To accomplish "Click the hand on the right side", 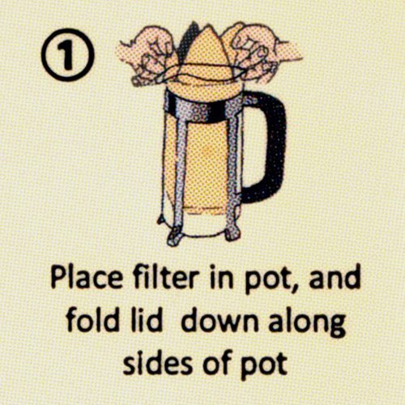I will pyautogui.click(x=261, y=50).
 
